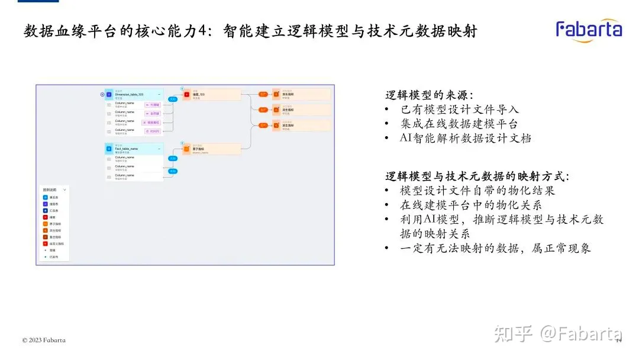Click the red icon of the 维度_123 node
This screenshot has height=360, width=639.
coord(186,94)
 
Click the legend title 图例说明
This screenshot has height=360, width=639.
coord(49,189)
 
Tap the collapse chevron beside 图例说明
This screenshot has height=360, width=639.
coord(64,189)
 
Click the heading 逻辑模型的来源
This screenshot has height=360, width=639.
coord(429,95)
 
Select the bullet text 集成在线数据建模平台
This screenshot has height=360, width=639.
coord(459,124)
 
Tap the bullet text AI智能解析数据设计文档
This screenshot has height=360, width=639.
coord(465,139)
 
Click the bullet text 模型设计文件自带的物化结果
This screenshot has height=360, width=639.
coord(477,191)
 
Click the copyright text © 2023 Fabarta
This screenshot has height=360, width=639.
coord(44,340)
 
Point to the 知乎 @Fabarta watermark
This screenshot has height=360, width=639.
coord(559,334)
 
